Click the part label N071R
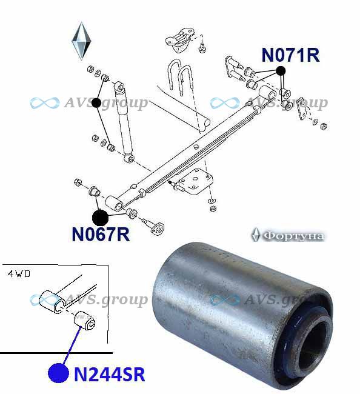(290, 55)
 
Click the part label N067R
(101, 234)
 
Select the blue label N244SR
(110, 375)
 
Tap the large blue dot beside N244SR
(59, 373)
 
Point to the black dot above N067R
(100, 218)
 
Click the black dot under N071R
(281, 71)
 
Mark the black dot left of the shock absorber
(96, 102)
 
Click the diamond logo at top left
(81, 41)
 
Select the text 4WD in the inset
(19, 273)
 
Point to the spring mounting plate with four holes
(195, 181)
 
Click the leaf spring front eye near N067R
(115, 203)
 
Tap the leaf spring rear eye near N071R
(268, 94)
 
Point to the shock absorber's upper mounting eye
(119, 87)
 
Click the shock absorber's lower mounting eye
(129, 158)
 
